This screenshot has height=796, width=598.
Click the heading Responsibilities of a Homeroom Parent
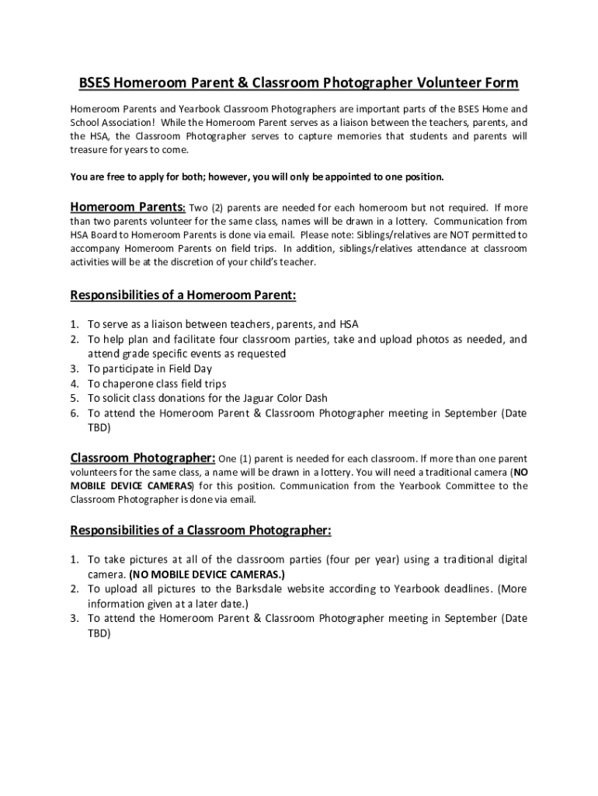[x=183, y=295]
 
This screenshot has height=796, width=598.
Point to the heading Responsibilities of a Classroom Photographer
[x=200, y=530]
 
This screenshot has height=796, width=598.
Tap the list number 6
[x=75, y=413]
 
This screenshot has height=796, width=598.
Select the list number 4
[x=75, y=383]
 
